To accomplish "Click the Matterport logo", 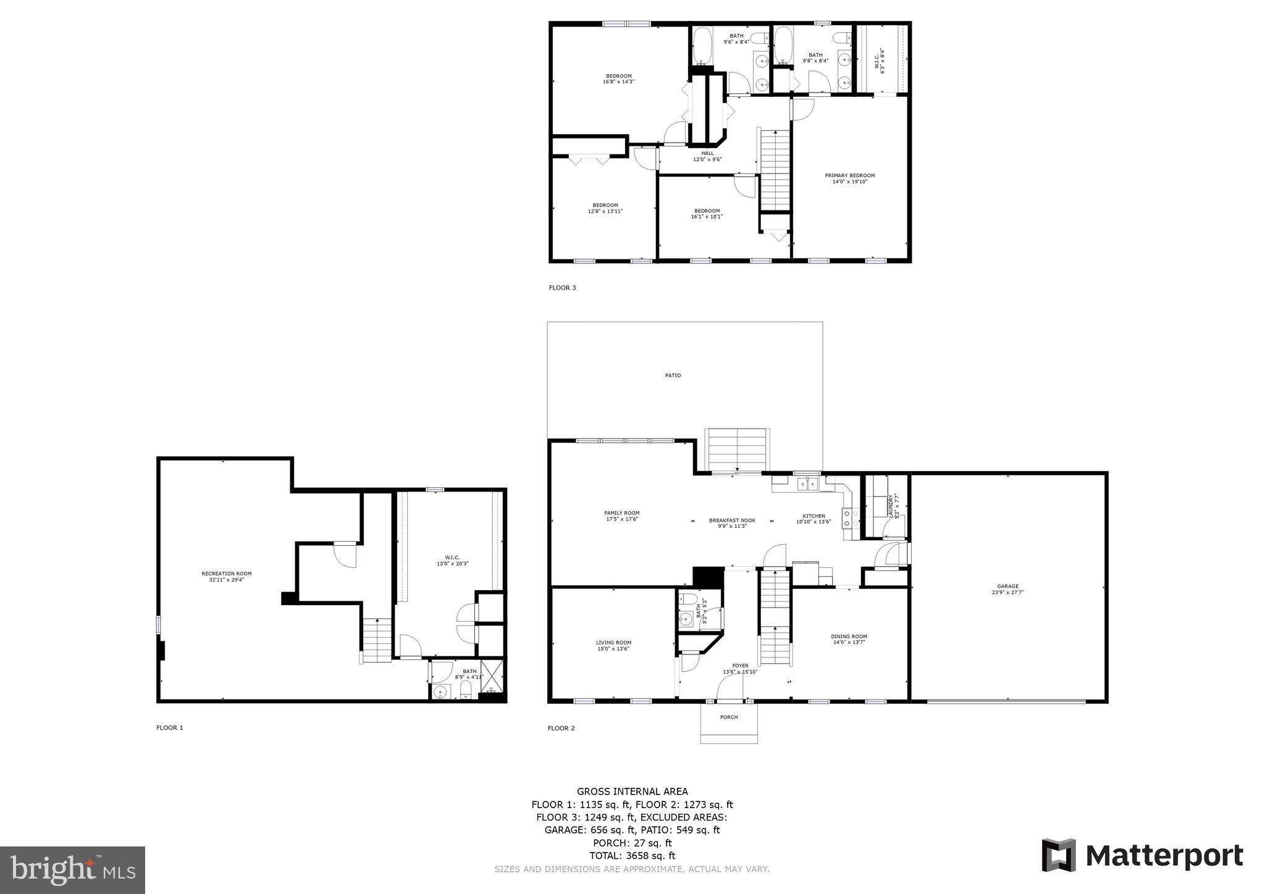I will pos(1142,856).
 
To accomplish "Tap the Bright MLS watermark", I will pos(72,870).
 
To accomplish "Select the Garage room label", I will pos(1007,587).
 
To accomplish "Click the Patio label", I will pos(673,375).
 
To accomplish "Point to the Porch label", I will pos(729,717).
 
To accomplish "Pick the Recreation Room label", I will pos(227,574).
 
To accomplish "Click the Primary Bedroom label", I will pos(850,175).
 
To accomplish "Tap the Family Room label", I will pos(621,513).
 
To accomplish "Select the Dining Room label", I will pos(849,637).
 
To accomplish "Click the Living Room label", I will pos(613,642).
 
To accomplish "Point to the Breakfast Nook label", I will pos(732,520).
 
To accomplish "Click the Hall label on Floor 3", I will pos(707,153).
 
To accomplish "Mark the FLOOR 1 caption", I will pos(170,728).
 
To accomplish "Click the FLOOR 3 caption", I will pos(562,288).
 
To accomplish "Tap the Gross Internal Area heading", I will pos(632,792).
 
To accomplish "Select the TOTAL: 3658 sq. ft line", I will pos(632,856).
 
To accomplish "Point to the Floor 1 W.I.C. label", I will pos(452,558).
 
